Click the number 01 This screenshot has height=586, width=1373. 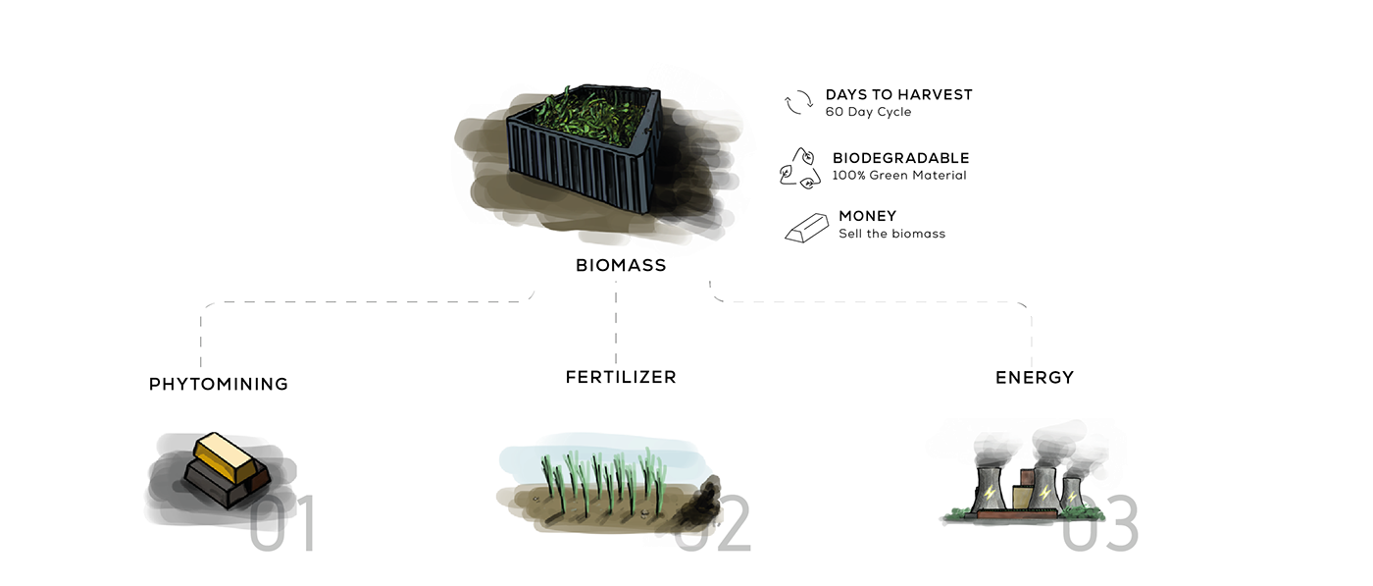[284, 525]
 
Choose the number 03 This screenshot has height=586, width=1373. [1103, 525]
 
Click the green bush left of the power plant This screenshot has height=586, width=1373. [956, 512]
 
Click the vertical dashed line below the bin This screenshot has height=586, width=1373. [617, 324]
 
